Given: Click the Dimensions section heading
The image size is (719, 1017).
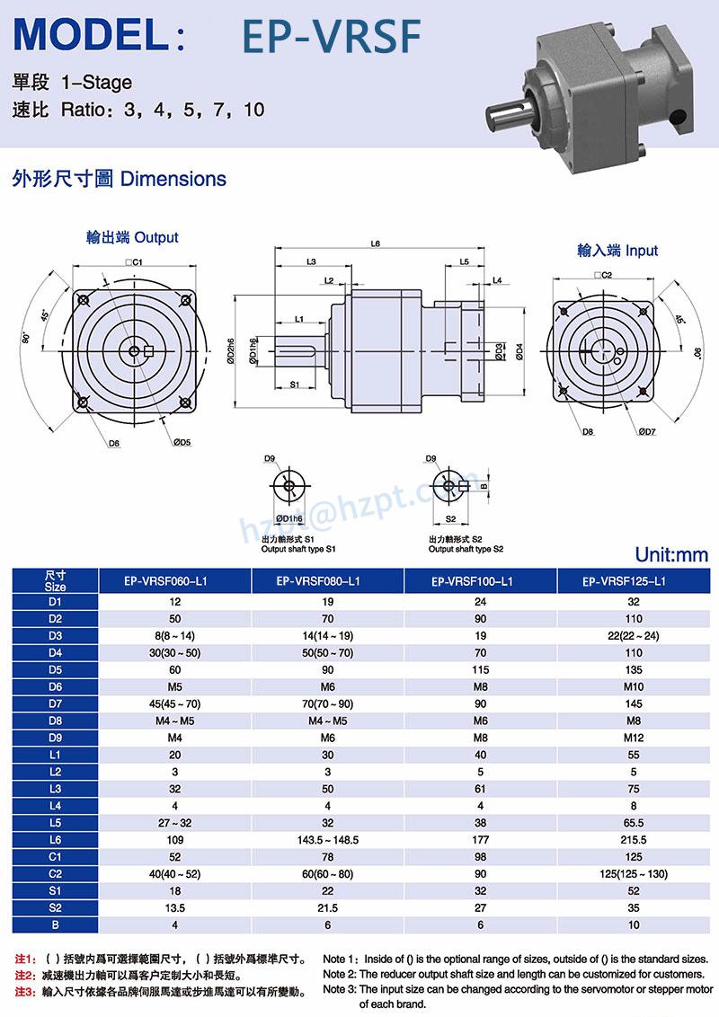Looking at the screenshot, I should (119, 179).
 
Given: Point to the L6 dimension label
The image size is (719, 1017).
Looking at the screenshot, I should (376, 243).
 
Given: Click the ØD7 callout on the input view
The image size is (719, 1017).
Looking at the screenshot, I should (646, 432).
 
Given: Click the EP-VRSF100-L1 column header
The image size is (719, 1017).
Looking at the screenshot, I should (480, 581).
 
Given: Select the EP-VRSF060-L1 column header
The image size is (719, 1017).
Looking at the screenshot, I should (174, 581).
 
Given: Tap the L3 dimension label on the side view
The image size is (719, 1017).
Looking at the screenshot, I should (311, 262).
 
